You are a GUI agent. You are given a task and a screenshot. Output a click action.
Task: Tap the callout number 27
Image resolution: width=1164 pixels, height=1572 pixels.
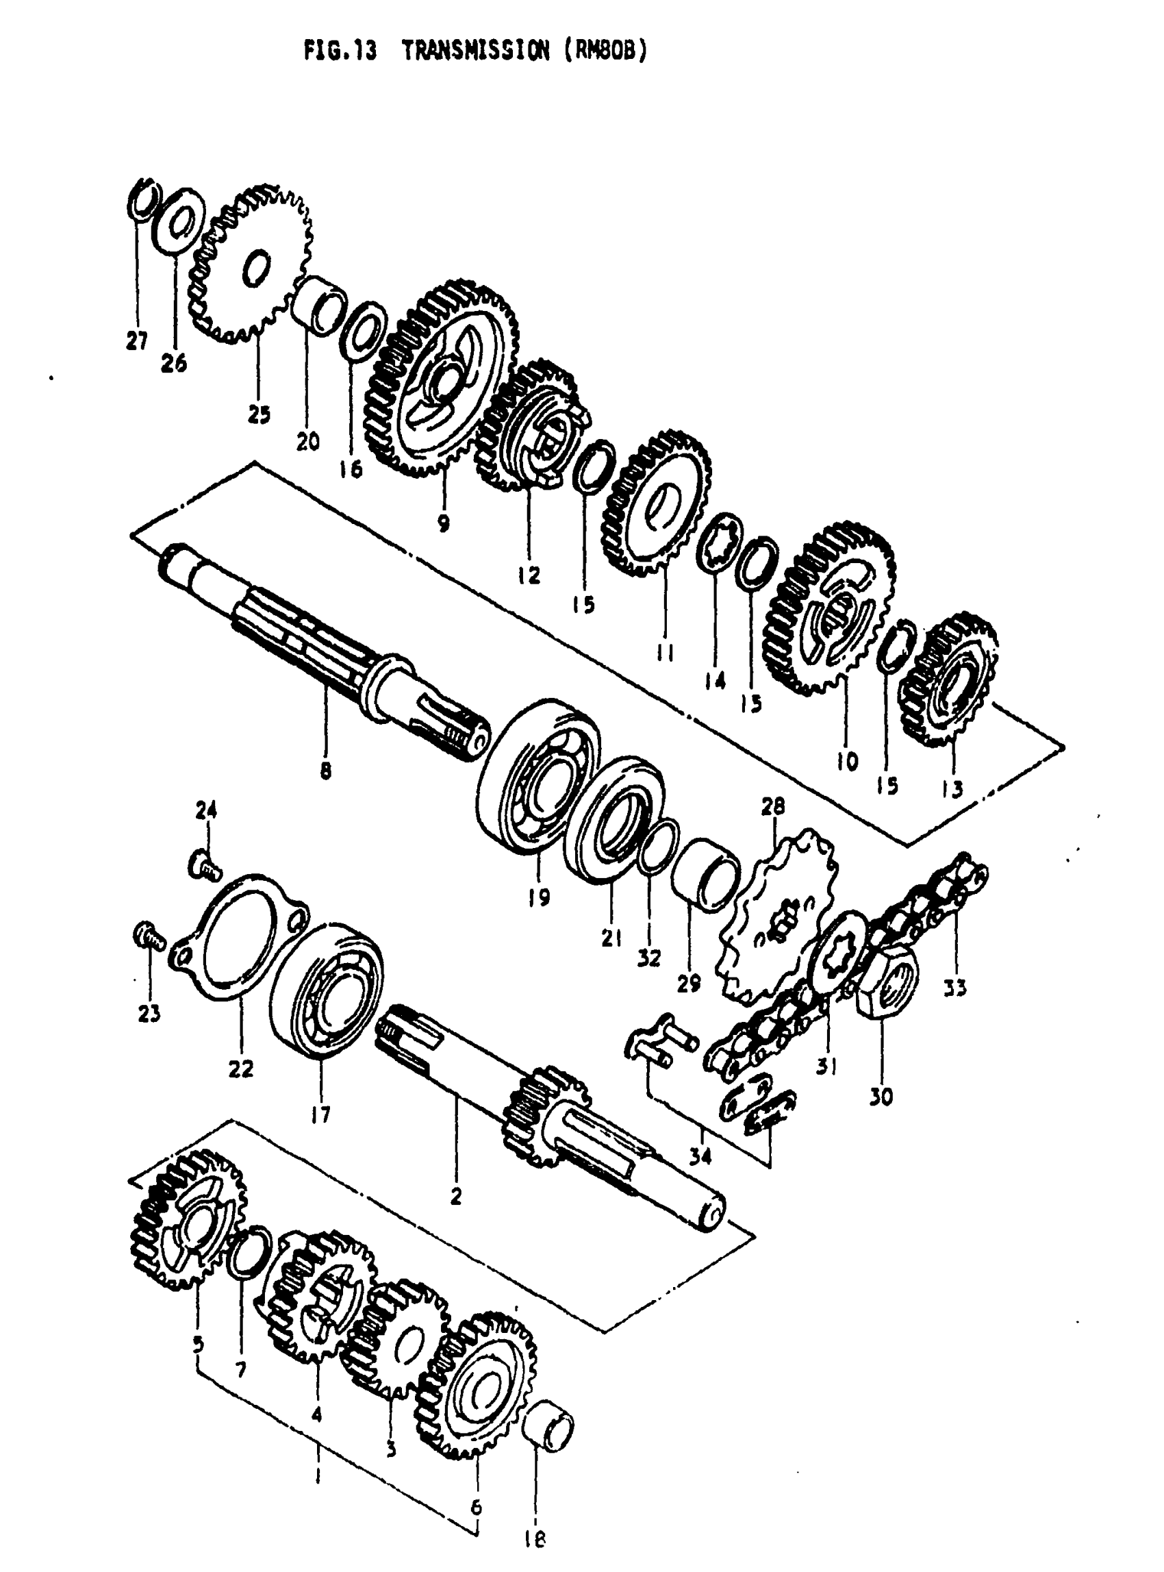tap(137, 341)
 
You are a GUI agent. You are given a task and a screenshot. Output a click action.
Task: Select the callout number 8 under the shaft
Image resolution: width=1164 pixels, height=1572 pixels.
tap(325, 771)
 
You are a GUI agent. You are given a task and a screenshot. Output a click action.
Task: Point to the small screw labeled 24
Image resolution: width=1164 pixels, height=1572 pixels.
tap(204, 863)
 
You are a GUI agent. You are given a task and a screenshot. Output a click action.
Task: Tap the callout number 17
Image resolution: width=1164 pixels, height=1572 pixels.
tap(320, 1115)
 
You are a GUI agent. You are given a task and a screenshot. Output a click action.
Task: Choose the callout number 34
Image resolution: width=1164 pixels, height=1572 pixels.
tap(700, 1156)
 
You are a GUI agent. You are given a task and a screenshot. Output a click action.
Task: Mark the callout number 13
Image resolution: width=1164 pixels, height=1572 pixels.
tap(952, 788)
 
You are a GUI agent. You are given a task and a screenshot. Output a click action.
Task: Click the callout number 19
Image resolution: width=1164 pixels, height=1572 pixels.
tap(539, 898)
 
